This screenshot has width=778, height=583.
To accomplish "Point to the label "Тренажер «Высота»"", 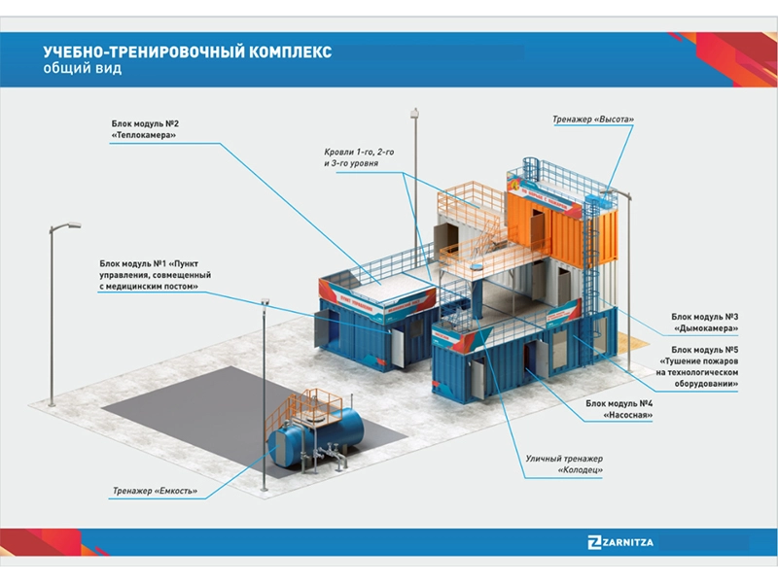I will (x=592, y=120).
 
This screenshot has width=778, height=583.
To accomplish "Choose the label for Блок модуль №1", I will (x=156, y=275).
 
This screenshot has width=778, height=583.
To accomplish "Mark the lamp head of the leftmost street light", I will (x=69, y=227).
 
